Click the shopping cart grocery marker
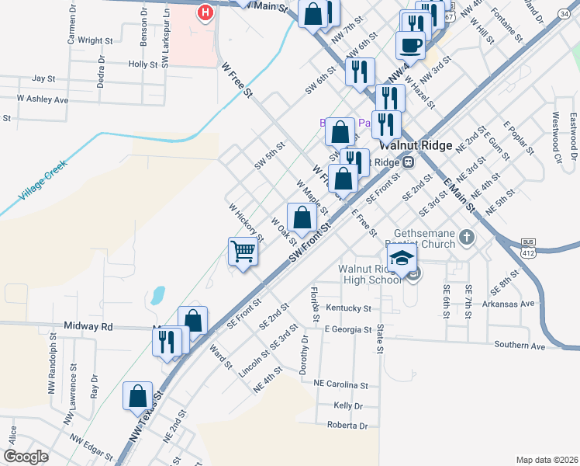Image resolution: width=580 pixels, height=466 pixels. [x=243, y=252]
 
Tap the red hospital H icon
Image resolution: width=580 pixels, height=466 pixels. [x=205, y=12]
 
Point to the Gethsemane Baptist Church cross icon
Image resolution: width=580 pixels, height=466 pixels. [x=466, y=236]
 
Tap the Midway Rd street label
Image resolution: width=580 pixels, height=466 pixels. [x=88, y=327]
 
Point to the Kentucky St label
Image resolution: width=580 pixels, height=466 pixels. [x=344, y=308]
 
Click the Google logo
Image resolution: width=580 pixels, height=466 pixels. [x=26, y=457]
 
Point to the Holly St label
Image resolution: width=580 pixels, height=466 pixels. [x=143, y=64]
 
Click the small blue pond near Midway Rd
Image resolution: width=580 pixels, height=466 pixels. [x=158, y=294]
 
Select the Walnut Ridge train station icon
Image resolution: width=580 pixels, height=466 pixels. [x=407, y=162]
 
